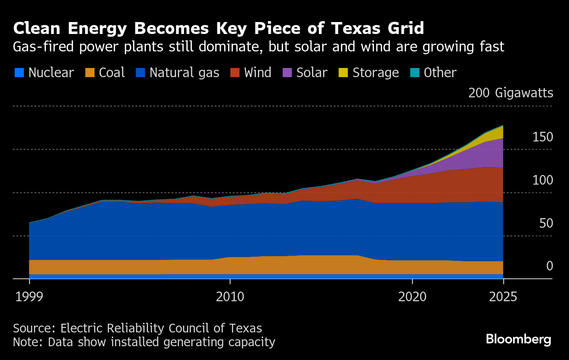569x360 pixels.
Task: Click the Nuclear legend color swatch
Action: click(x=19, y=73)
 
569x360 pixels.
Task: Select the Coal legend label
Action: click(x=112, y=73)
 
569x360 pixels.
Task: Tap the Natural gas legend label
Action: click(x=184, y=73)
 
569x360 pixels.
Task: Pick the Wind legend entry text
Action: click(x=258, y=73)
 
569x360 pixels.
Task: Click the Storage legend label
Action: click(x=375, y=73)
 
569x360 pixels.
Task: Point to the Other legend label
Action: click(x=440, y=73)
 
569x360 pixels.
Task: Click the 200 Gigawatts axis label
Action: click(x=511, y=93)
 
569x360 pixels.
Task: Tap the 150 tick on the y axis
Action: click(x=542, y=137)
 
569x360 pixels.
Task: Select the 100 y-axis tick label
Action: click(x=542, y=180)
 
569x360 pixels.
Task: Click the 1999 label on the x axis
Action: click(x=29, y=296)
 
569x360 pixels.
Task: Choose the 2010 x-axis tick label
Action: click(x=230, y=296)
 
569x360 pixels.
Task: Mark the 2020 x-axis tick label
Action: click(x=412, y=296)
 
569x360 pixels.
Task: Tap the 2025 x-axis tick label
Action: click(x=503, y=296)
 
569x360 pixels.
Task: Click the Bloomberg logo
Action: click(x=519, y=339)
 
